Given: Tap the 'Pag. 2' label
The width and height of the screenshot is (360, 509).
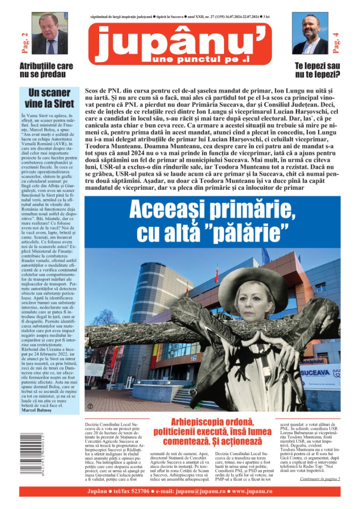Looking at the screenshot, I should point(23,42).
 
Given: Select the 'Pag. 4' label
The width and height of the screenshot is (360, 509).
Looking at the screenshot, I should point(336,42).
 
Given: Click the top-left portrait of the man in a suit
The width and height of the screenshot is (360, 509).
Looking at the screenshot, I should point(50,33).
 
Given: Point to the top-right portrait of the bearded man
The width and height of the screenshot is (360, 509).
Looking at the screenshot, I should point(310,33).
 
